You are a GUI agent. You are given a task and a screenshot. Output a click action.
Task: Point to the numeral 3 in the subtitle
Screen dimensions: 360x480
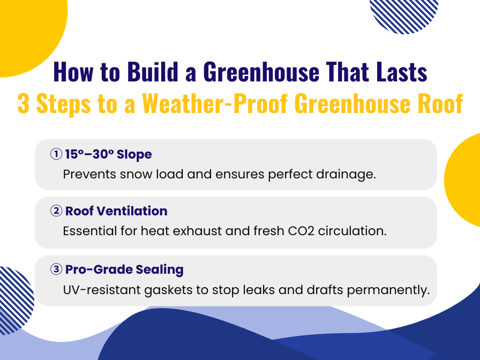[24, 103]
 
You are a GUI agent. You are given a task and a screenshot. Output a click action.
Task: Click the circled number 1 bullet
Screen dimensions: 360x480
[56, 154]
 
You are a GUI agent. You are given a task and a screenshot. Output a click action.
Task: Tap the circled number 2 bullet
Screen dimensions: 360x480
[56, 211]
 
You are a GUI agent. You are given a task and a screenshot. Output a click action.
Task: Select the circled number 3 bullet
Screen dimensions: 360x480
[56, 269]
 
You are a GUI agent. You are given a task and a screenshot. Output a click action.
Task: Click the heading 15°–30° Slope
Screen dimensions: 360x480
[108, 154]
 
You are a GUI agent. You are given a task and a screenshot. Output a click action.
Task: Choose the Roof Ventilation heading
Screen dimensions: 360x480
[116, 211]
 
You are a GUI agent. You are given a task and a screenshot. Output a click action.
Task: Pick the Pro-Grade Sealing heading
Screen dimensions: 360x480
[124, 269]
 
